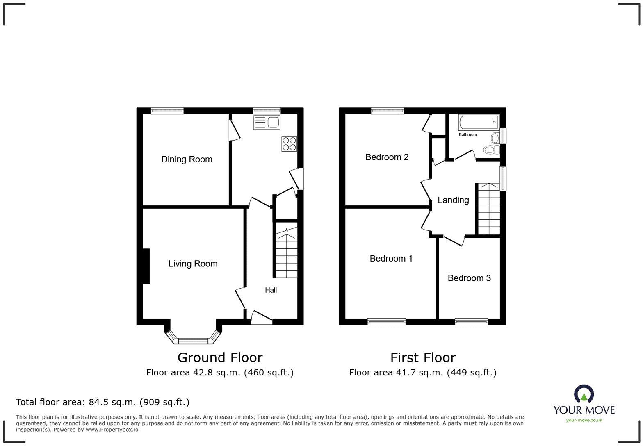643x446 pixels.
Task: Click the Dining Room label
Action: (x=187, y=159)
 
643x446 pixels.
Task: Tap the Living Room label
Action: (x=193, y=264)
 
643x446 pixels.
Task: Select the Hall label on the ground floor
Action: (x=271, y=290)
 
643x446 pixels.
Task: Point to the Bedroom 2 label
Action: (x=387, y=157)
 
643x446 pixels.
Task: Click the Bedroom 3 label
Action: (x=469, y=278)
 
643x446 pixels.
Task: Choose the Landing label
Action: (x=453, y=200)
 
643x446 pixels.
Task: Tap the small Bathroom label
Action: (x=467, y=134)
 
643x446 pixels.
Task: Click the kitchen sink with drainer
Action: (x=267, y=123)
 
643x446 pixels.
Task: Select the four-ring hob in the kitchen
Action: (x=289, y=144)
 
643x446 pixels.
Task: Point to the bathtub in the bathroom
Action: (x=479, y=122)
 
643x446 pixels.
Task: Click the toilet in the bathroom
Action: (x=491, y=150)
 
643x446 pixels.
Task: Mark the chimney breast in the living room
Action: (x=146, y=266)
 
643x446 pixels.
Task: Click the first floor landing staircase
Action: (x=489, y=209)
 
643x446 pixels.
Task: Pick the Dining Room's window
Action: (x=167, y=111)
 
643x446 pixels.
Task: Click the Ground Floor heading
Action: (x=220, y=357)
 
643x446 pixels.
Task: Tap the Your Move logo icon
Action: (x=584, y=394)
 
